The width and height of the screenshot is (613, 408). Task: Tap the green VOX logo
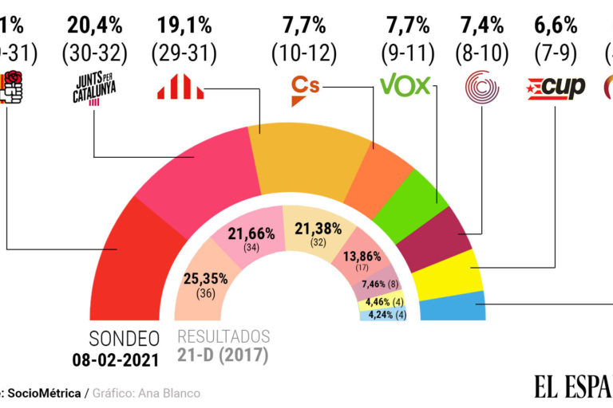(x=405, y=84)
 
